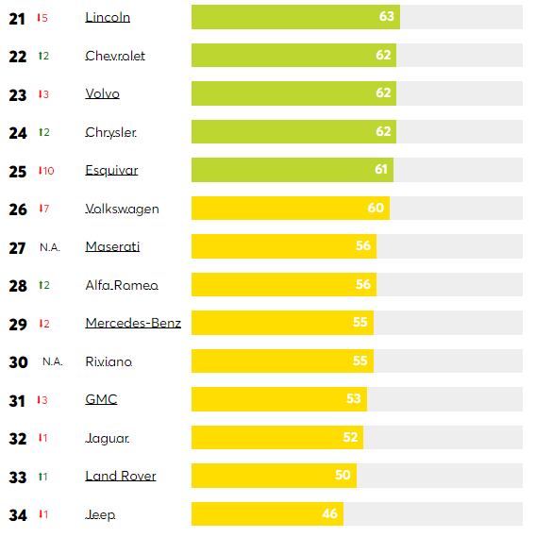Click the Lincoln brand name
[x=108, y=18]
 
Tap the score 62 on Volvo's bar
[x=382, y=94]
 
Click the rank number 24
[x=17, y=133]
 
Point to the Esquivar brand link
[x=111, y=171]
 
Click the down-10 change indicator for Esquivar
[x=44, y=171]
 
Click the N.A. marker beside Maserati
[x=49, y=247]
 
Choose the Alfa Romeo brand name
[x=122, y=286]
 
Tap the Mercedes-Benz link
[x=133, y=324]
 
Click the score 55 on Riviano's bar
[x=359, y=362]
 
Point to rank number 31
[x=17, y=400]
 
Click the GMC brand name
[x=101, y=400]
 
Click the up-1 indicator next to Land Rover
[x=42, y=477]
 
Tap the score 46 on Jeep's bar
[x=329, y=514]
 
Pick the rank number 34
[x=17, y=515]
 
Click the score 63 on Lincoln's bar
[x=386, y=18]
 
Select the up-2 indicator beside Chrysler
[x=43, y=133]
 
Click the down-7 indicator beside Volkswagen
[x=43, y=210]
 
